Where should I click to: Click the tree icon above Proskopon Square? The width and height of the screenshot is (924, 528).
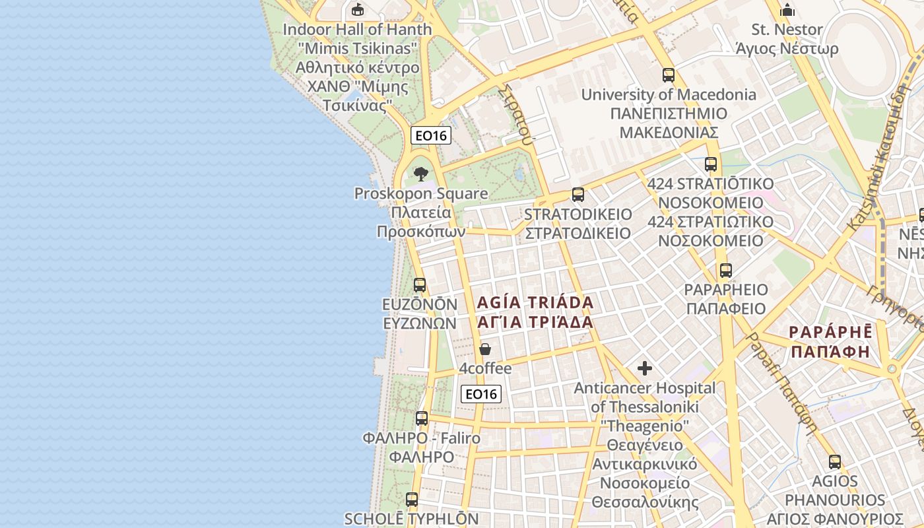tap(420, 175)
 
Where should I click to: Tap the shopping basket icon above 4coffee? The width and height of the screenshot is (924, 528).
tap(485, 349)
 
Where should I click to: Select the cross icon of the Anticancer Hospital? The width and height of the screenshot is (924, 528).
tap(645, 368)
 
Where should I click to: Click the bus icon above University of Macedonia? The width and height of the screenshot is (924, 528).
tap(669, 75)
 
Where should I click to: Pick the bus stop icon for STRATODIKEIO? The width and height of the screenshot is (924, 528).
tap(578, 195)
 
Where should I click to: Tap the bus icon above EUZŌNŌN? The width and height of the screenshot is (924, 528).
tap(420, 285)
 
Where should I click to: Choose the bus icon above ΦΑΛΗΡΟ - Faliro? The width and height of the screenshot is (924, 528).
tap(422, 418)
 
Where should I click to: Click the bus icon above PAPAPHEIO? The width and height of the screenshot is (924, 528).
tap(726, 270)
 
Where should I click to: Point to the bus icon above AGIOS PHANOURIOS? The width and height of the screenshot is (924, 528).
tap(835, 462)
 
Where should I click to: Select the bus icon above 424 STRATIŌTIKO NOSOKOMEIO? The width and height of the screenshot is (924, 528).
tap(711, 164)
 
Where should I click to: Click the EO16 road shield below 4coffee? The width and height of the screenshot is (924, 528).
tap(481, 394)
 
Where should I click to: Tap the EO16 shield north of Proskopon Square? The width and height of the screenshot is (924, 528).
tap(431, 135)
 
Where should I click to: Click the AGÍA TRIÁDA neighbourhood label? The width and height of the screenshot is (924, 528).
tap(535, 303)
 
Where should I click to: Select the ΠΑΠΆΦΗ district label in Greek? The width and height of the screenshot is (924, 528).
tap(830, 351)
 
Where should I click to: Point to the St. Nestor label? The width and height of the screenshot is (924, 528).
tap(787, 30)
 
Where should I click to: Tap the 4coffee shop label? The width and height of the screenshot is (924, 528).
tap(485, 368)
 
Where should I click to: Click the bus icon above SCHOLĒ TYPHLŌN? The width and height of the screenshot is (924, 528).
tap(412, 500)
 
